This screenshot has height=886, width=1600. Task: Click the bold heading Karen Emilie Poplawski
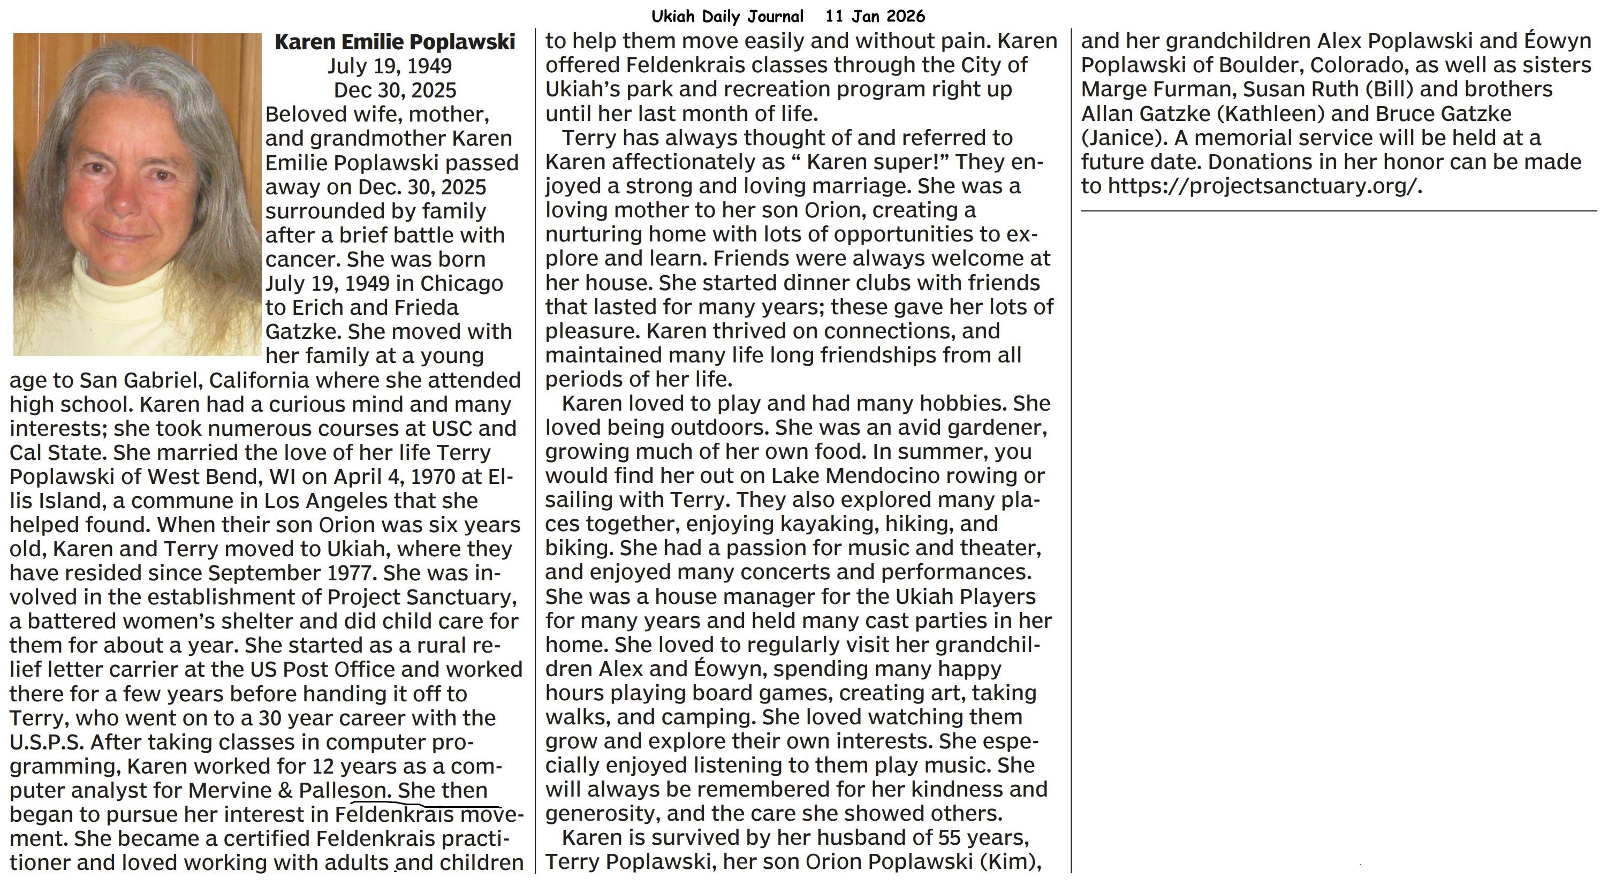pyautogui.click(x=395, y=42)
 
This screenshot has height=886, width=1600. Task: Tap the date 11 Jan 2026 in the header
pyautogui.click(x=875, y=16)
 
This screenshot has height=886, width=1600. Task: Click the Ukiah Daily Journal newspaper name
pyautogui.click(x=727, y=16)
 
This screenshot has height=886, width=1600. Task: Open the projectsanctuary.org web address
pyautogui.click(x=1264, y=186)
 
